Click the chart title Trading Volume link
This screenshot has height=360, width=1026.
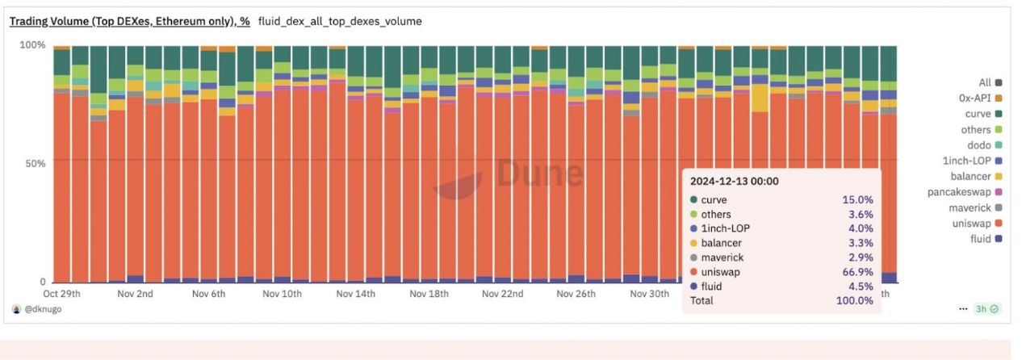click(x=129, y=21)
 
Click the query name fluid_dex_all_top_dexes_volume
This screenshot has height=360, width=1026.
click(x=340, y=21)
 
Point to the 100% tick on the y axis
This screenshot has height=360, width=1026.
click(x=32, y=44)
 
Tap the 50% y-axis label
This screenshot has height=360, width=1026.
click(x=35, y=163)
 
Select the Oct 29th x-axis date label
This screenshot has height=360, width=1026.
click(x=61, y=294)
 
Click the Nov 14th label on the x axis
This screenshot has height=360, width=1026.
click(x=355, y=294)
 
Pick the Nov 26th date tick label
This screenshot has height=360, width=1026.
click(x=576, y=294)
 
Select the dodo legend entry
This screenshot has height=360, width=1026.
click(x=978, y=145)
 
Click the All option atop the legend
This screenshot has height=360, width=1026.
click(x=984, y=82)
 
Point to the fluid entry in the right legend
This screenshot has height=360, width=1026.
click(x=980, y=239)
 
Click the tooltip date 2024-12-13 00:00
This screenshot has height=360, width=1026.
click(x=734, y=182)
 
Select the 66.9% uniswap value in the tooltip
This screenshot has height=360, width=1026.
click(x=856, y=272)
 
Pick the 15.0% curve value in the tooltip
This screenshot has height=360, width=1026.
click(x=856, y=199)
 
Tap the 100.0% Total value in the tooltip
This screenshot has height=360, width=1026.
click(x=854, y=300)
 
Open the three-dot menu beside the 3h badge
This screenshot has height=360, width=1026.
click(x=962, y=309)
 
